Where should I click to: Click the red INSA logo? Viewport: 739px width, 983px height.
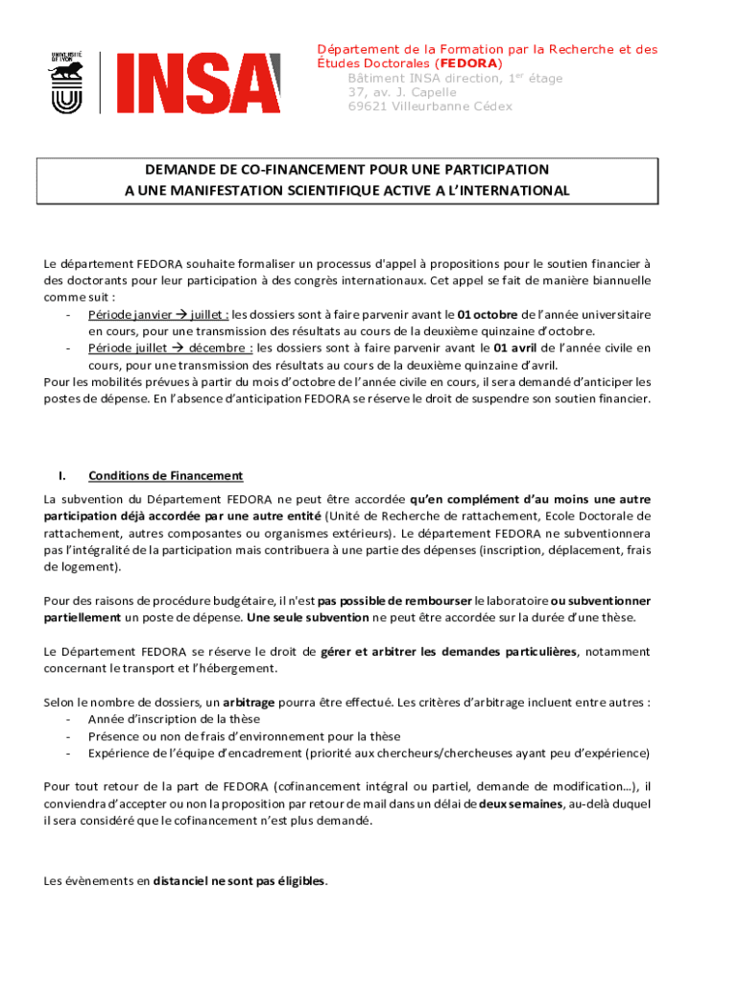click(199, 83)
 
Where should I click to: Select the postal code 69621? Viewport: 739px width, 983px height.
click(367, 107)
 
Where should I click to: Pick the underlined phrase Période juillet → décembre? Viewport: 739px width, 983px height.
click(171, 348)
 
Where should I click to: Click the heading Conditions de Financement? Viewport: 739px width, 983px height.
click(165, 476)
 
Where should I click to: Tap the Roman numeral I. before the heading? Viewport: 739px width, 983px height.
click(61, 476)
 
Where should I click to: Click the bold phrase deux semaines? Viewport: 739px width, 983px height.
click(520, 803)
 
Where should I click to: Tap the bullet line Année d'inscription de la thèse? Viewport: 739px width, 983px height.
click(174, 719)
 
